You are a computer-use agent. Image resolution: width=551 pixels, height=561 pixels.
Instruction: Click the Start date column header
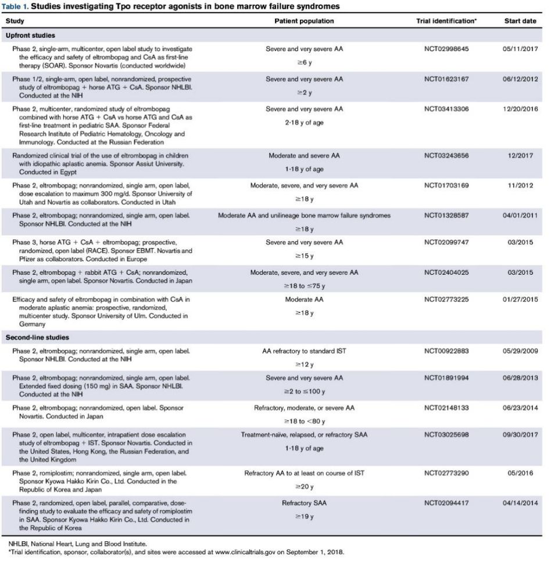tap(520, 21)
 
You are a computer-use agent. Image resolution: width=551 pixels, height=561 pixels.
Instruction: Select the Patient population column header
tap(304, 21)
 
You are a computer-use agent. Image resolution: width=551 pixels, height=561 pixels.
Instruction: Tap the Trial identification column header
tap(446, 21)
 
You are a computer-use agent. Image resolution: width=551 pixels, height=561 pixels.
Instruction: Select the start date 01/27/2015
tap(520, 299)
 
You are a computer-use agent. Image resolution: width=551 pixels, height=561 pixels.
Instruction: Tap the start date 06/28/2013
tap(520, 378)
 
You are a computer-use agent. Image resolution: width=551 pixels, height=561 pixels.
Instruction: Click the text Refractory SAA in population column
tap(304, 503)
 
